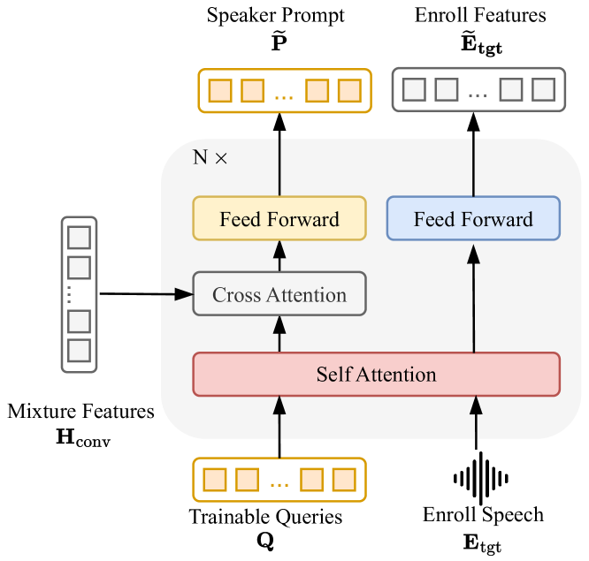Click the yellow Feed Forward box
pyautogui.click(x=279, y=219)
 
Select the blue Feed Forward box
pyautogui.click(x=473, y=219)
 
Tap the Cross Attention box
pyautogui.click(x=279, y=294)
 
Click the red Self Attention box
pyautogui.click(x=376, y=374)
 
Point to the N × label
pyautogui.click(x=210, y=158)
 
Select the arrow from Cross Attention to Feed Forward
pyautogui.click(x=279, y=256)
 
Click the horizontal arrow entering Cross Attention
pyautogui.click(x=178, y=294)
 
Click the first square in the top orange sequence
pyautogui.click(x=219, y=90)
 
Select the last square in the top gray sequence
pyautogui.click(x=544, y=90)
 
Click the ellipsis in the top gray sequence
pyautogui.click(x=478, y=92)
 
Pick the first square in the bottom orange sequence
pyautogui.click(x=215, y=480)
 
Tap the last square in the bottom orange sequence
pyautogui.click(x=344, y=480)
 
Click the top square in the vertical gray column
pyautogui.click(x=80, y=238)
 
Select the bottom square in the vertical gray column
pyautogui.click(x=80, y=351)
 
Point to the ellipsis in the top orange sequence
pyautogui.click(x=284, y=92)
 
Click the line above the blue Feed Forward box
pyautogui.click(x=474, y=168)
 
